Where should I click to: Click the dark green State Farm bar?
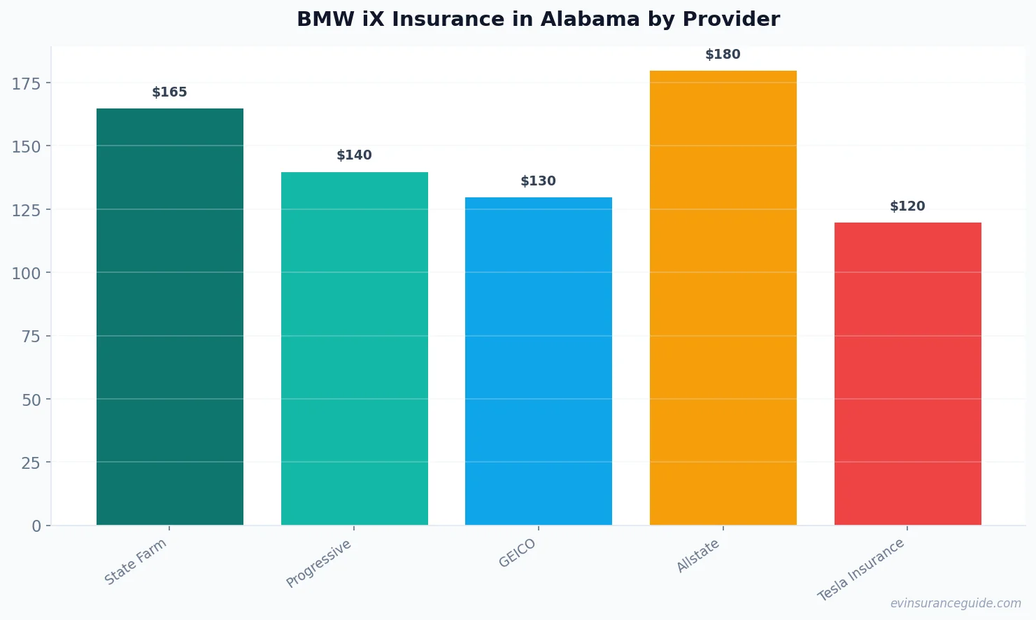(x=170, y=316)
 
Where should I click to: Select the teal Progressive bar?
(x=354, y=348)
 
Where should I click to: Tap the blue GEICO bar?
(x=539, y=361)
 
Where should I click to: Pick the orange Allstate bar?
(x=723, y=297)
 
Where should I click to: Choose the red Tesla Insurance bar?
(x=907, y=374)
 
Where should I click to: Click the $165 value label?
(x=169, y=92)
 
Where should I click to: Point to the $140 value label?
(x=354, y=155)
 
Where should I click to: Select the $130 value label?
(x=538, y=181)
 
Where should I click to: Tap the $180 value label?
(x=723, y=55)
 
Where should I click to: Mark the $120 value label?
(x=907, y=206)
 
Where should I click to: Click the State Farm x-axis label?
(x=136, y=561)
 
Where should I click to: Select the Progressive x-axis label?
(x=319, y=563)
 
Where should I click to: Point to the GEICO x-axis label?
(x=518, y=553)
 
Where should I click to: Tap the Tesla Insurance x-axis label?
(x=861, y=570)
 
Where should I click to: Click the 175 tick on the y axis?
(x=27, y=84)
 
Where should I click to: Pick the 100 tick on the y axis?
(x=27, y=274)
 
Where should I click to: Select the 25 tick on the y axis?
(x=31, y=463)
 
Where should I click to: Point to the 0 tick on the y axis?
(x=36, y=526)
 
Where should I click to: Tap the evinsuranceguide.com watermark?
(x=956, y=603)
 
